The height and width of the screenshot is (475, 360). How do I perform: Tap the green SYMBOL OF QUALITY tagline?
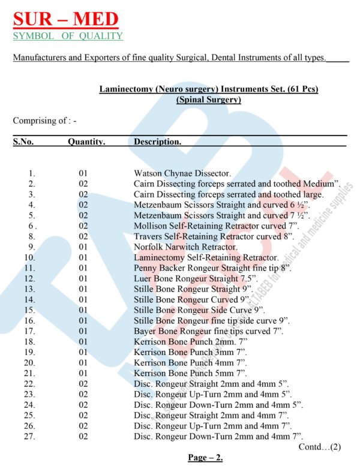coord(68,36)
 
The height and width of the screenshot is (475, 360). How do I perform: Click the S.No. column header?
coord(23,142)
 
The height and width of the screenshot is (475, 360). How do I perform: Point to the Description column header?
coord(157,142)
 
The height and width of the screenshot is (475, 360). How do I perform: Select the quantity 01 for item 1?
coord(83,173)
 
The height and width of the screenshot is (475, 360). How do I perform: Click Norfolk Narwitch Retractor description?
coord(186,246)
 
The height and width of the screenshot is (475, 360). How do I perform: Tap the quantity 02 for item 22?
coord(83,383)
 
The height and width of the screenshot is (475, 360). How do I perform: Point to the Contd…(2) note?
coord(319,447)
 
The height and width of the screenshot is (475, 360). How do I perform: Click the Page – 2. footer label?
coord(205,458)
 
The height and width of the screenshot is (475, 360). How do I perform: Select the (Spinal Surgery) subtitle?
coord(208,100)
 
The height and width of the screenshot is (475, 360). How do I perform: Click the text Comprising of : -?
coord(45,121)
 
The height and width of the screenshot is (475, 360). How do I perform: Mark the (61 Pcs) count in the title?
coord(296,89)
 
